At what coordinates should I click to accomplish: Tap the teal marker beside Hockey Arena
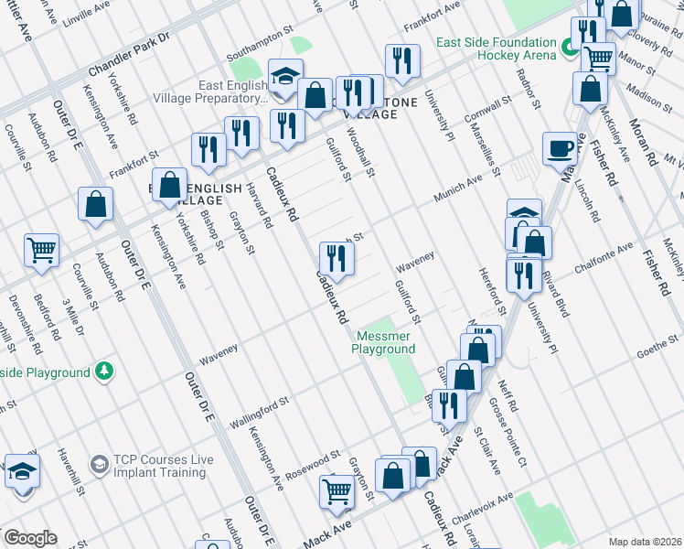(x=568, y=48)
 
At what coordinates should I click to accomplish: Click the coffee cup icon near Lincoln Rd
(x=560, y=148)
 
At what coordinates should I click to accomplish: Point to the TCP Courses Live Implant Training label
(x=159, y=466)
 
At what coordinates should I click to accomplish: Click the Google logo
(x=30, y=538)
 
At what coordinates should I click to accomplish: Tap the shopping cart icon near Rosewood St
(x=337, y=491)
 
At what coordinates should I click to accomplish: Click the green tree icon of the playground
(x=105, y=371)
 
